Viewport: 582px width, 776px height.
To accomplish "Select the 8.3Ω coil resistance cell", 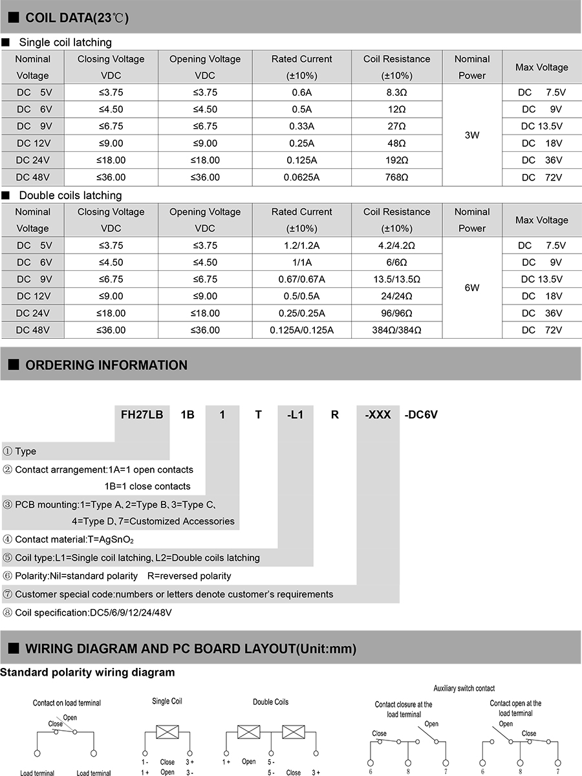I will pyautogui.click(x=396, y=92).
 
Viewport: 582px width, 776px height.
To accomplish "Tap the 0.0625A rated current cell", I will pyautogui.click(x=301, y=177).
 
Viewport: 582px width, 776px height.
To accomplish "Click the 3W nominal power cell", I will pyautogui.click(x=471, y=135).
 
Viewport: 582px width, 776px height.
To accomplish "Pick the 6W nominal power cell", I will pyautogui.click(x=471, y=288).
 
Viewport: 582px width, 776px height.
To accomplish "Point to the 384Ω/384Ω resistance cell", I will pyautogui.click(x=396, y=330).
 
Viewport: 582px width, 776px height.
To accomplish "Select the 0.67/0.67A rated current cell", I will pyautogui.click(x=301, y=279).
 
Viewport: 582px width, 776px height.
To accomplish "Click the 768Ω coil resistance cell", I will pyautogui.click(x=396, y=177).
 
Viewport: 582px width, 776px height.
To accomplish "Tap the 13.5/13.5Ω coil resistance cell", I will pyautogui.click(x=396, y=279).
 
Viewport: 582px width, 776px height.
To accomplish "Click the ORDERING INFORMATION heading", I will pyautogui.click(x=106, y=365).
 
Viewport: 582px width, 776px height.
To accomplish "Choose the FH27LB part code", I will pyautogui.click(x=142, y=415).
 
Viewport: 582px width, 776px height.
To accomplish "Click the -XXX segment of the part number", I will pyautogui.click(x=378, y=415).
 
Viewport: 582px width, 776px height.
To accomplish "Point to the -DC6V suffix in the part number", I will pyautogui.click(x=421, y=415).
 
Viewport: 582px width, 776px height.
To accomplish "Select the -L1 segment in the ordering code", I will pyautogui.click(x=295, y=415).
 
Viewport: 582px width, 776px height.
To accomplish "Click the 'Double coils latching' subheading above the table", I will pyautogui.click(x=70, y=195).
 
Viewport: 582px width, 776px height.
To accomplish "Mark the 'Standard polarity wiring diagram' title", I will pyautogui.click(x=87, y=673).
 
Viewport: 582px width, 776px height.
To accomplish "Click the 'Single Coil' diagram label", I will pyautogui.click(x=167, y=701).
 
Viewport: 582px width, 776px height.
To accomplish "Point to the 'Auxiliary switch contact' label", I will pyautogui.click(x=464, y=688).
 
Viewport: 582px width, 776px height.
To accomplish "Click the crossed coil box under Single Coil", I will pyautogui.click(x=167, y=733).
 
